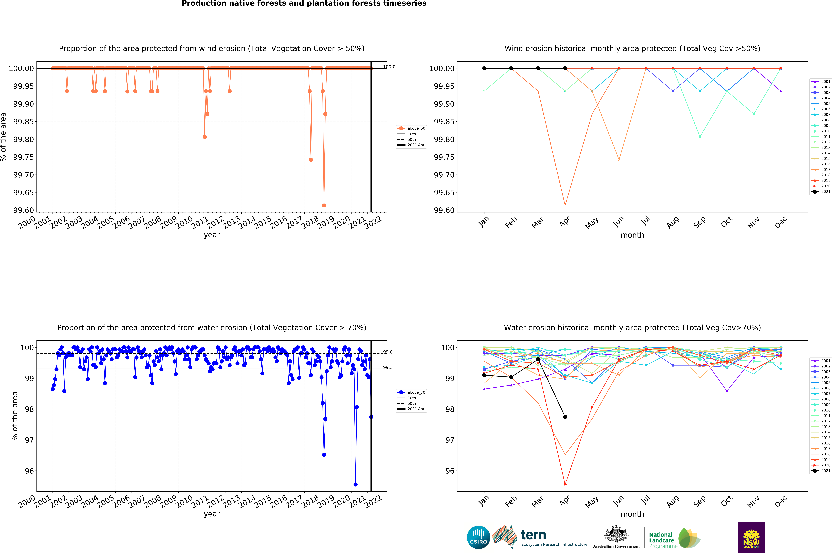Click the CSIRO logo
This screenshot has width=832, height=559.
point(478,537)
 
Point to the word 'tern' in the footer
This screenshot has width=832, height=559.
point(533,535)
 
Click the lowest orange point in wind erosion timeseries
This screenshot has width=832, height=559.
point(324,205)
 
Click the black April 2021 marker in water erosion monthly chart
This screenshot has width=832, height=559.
point(565,417)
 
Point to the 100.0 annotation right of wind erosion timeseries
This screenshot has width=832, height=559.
point(389,67)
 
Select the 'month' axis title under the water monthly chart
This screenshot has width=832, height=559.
point(632,514)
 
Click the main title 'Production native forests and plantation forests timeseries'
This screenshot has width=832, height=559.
point(304,4)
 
